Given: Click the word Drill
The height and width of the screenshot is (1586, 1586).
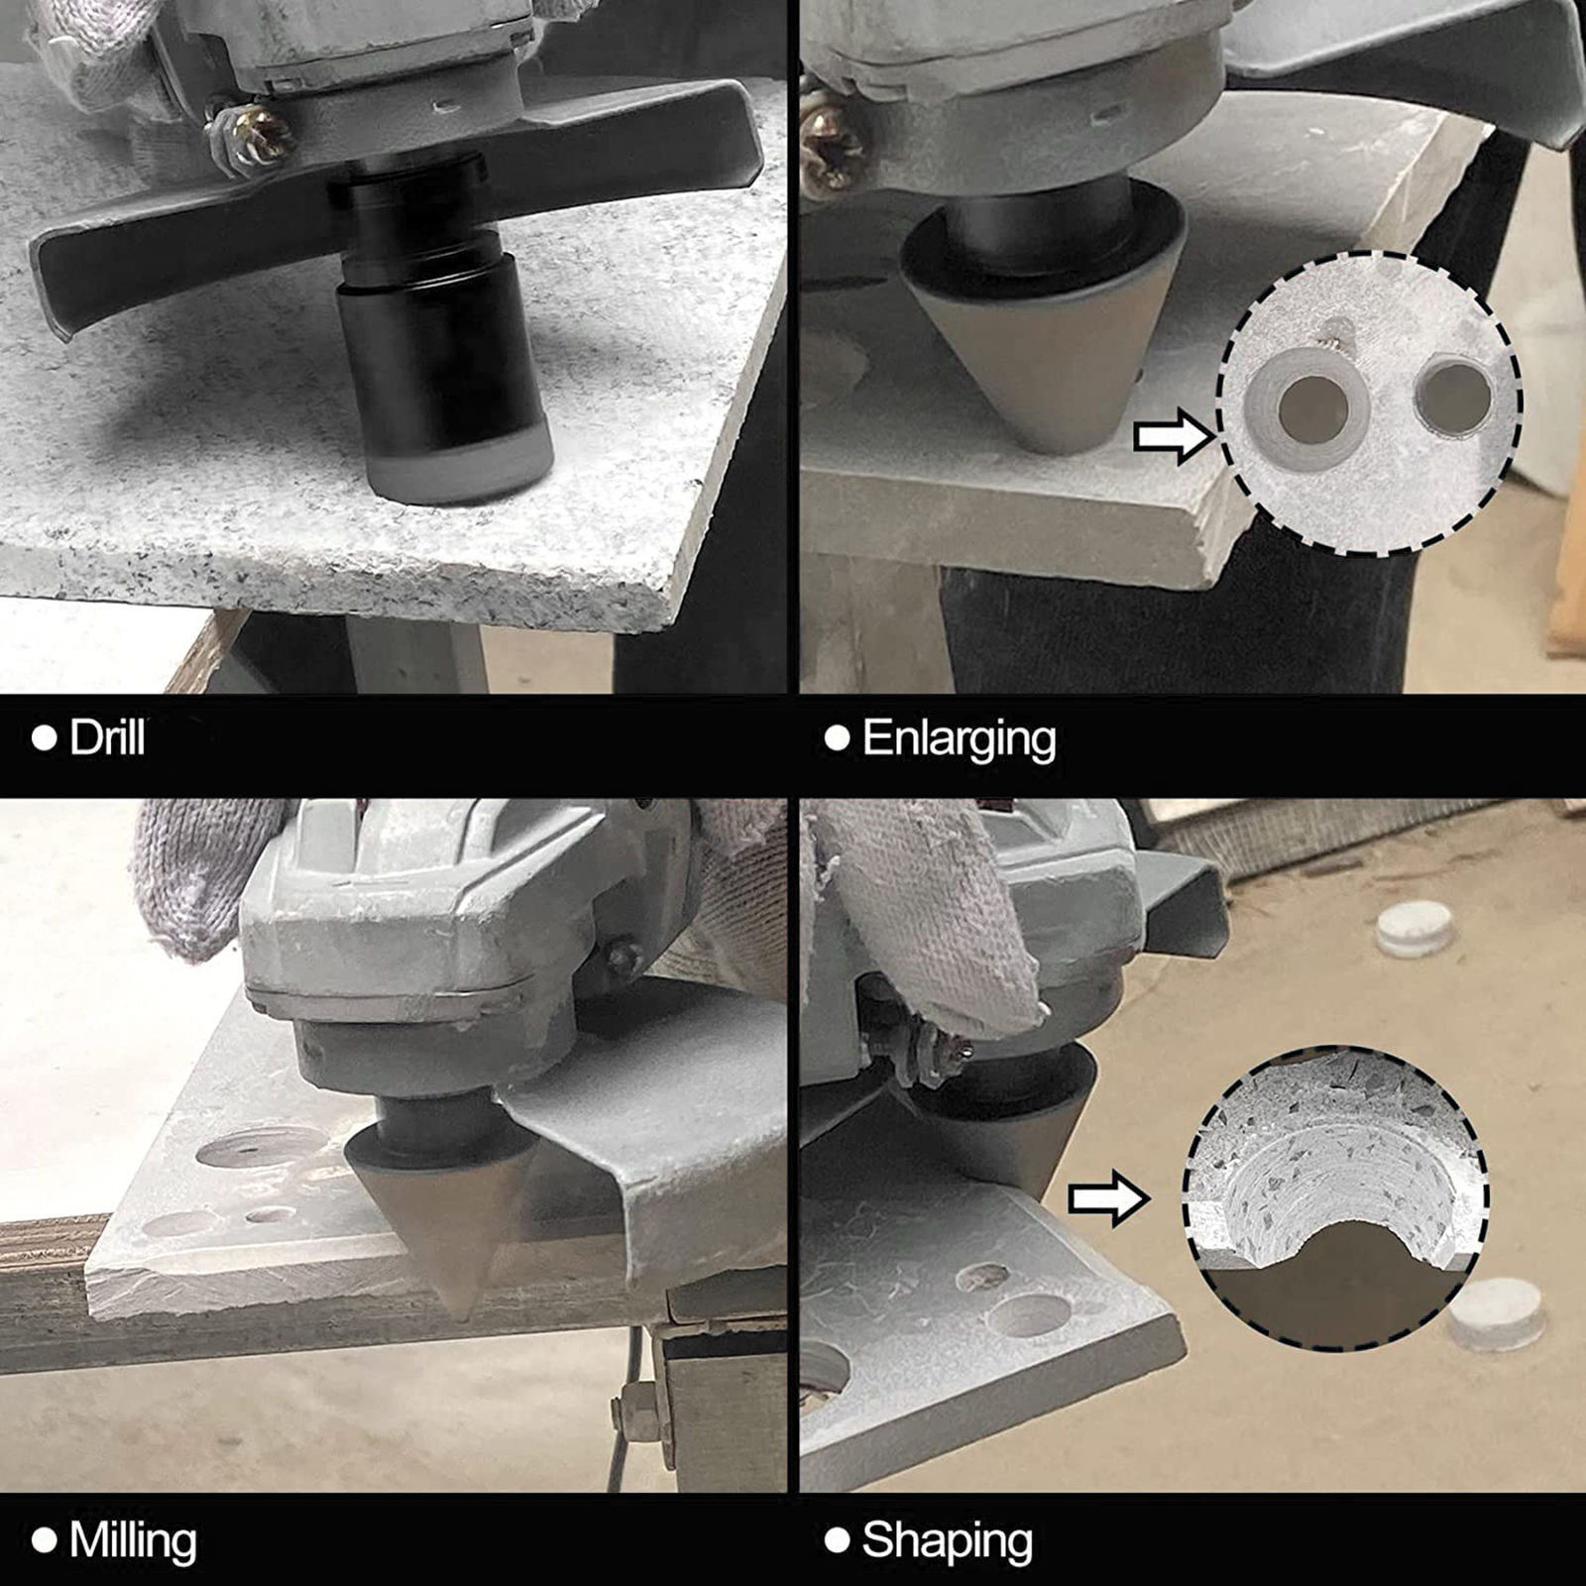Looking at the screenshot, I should click(x=107, y=738).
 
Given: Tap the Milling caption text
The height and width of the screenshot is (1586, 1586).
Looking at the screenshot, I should click(x=133, y=1540).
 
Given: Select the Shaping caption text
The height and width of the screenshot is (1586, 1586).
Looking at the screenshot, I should click(x=947, y=1540).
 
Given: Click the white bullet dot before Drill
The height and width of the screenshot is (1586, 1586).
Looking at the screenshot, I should click(x=45, y=738).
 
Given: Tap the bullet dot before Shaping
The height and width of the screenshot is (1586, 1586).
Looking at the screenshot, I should click(x=838, y=1540).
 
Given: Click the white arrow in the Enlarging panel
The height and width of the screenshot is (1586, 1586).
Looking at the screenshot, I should click(x=1173, y=436).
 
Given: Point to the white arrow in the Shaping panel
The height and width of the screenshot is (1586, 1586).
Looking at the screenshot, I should click(x=1108, y=1199).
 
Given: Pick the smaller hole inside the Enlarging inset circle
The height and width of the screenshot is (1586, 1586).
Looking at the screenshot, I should click(x=1453, y=396).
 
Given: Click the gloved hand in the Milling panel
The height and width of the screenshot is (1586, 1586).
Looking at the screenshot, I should click(x=198, y=872).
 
